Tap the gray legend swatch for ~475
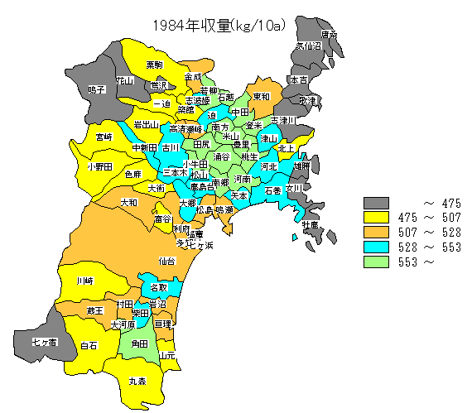(x=377, y=203)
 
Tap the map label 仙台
(x=166, y=261)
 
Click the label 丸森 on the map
(x=137, y=382)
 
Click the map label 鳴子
(x=97, y=89)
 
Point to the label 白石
(x=89, y=344)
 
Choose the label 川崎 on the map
(x=84, y=281)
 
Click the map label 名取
(x=159, y=288)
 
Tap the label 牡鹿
(x=310, y=225)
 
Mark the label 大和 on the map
(x=129, y=202)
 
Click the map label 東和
(x=261, y=96)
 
